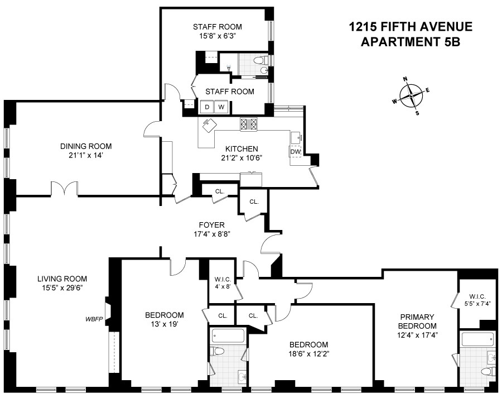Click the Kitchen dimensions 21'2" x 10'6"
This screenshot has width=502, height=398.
[241, 158]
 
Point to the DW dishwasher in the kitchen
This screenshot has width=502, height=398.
[295, 151]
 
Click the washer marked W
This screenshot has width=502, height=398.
[221, 107]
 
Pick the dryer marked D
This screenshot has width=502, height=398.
[206, 107]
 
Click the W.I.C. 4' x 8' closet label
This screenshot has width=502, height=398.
[219, 284]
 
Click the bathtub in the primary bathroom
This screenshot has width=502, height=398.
[477, 338]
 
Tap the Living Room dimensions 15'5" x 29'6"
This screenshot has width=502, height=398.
[62, 289]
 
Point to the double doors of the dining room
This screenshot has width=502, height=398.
[65, 189]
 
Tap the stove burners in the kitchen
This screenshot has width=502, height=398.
[248, 124]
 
